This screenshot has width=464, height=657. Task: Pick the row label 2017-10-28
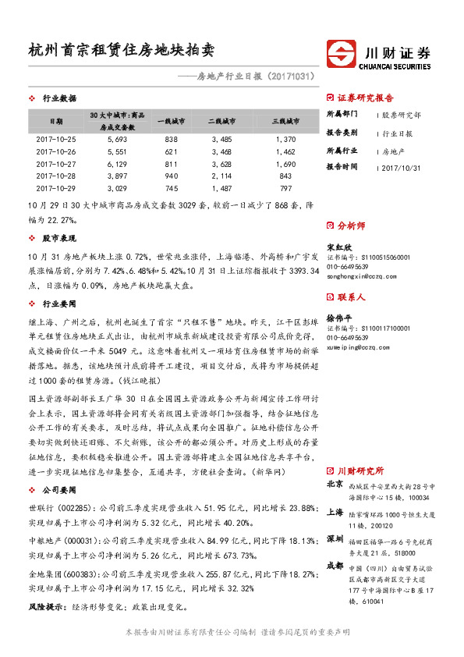point(56,176)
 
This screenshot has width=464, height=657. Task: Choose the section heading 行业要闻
point(58,304)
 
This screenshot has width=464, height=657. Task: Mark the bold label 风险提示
point(46,606)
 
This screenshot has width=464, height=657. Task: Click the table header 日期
point(56,122)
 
